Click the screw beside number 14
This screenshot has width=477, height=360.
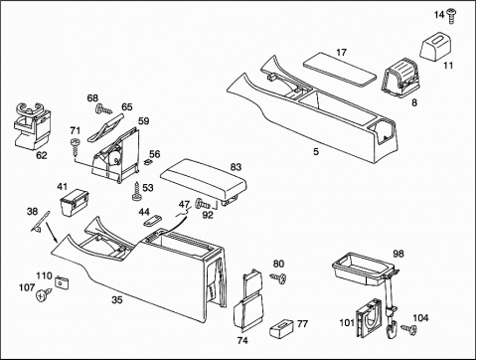(450, 16)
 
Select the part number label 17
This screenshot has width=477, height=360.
(341, 53)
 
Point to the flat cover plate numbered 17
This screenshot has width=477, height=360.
(340, 69)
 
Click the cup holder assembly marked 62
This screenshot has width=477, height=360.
(31, 124)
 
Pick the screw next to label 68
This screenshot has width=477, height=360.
(103, 109)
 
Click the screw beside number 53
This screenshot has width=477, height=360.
(136, 192)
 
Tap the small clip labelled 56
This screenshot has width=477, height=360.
(148, 161)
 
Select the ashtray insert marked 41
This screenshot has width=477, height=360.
(74, 203)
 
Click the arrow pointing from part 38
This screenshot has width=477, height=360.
(52, 232)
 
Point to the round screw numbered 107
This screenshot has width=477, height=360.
(44, 294)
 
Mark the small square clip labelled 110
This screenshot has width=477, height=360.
(62, 282)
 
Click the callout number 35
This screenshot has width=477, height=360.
(117, 300)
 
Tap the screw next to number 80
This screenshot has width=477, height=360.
(278, 277)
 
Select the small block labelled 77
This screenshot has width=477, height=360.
(281, 327)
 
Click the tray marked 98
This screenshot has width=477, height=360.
(365, 270)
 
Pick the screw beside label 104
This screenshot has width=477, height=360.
(409, 328)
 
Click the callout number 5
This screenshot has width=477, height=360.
(316, 151)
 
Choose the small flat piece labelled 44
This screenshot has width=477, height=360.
(152, 221)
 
